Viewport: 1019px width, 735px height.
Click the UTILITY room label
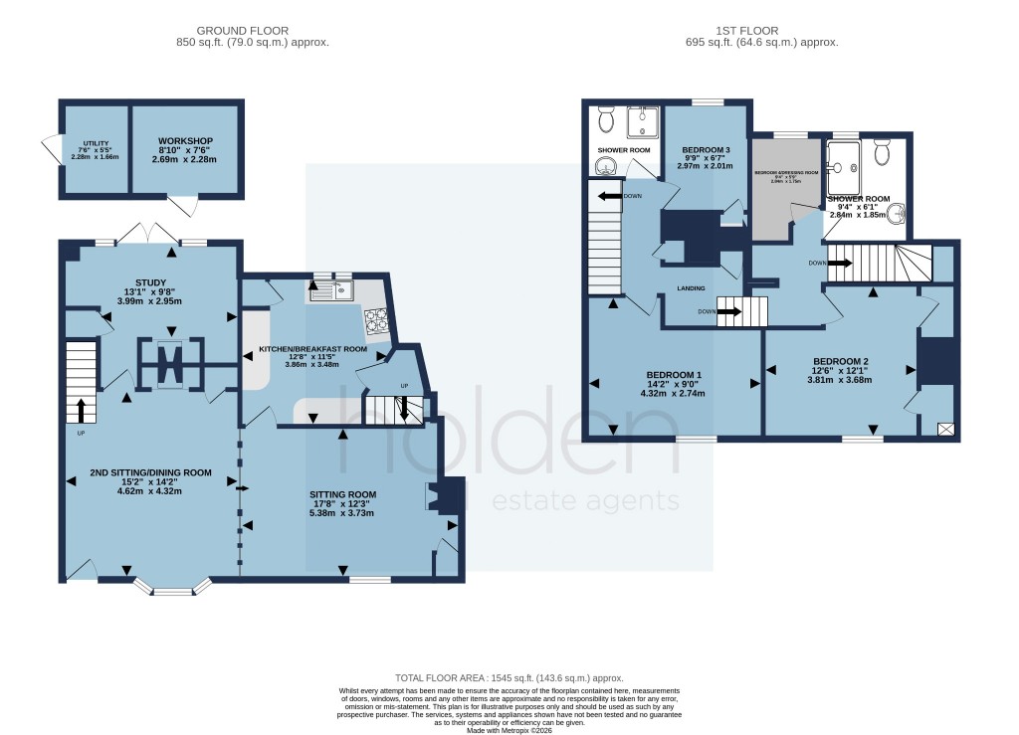(96, 144)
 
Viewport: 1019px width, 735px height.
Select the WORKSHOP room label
(184, 140)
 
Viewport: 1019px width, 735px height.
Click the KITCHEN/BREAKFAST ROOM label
(312, 350)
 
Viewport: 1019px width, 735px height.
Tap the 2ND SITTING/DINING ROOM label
(150, 472)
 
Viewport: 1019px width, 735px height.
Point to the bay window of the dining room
(171, 589)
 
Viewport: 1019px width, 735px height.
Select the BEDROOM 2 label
(840, 361)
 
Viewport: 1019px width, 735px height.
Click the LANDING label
(692, 288)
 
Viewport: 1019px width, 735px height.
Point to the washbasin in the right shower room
(899, 213)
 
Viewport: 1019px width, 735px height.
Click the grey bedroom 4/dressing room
(785, 189)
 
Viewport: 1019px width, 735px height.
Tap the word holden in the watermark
(508, 438)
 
